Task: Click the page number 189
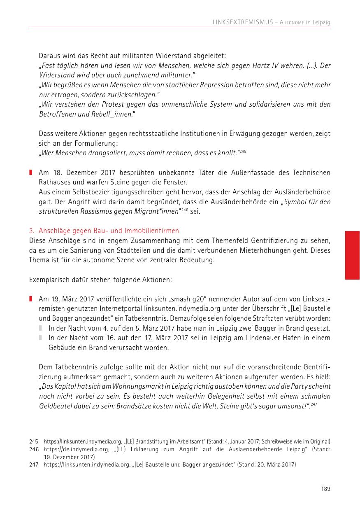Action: click(325, 489)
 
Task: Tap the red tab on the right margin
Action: click(352, 255)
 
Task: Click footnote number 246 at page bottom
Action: click(34, 450)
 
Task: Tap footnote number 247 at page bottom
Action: click(34, 465)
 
